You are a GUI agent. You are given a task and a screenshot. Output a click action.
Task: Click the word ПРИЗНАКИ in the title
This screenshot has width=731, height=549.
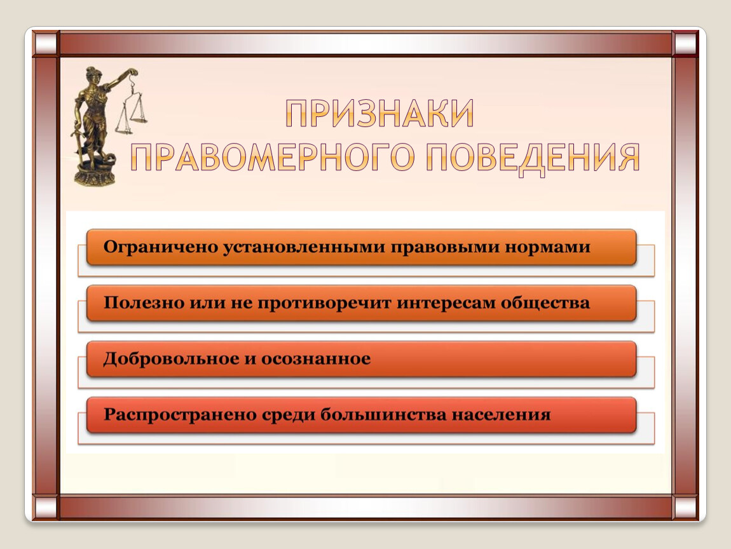pos(380,112)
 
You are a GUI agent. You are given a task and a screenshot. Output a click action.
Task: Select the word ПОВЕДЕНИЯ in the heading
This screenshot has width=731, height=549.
pos(533,157)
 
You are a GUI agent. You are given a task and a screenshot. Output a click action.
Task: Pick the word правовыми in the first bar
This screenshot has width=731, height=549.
pos(445,247)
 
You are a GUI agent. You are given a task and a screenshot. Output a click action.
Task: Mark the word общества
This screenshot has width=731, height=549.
pos(545,303)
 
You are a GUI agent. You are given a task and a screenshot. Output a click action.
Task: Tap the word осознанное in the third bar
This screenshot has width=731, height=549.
pos(316,359)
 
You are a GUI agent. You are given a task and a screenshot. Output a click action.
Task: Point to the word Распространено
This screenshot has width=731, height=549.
pos(179,415)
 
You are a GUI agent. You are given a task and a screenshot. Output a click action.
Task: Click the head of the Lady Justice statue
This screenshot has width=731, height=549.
pos(90,74)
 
